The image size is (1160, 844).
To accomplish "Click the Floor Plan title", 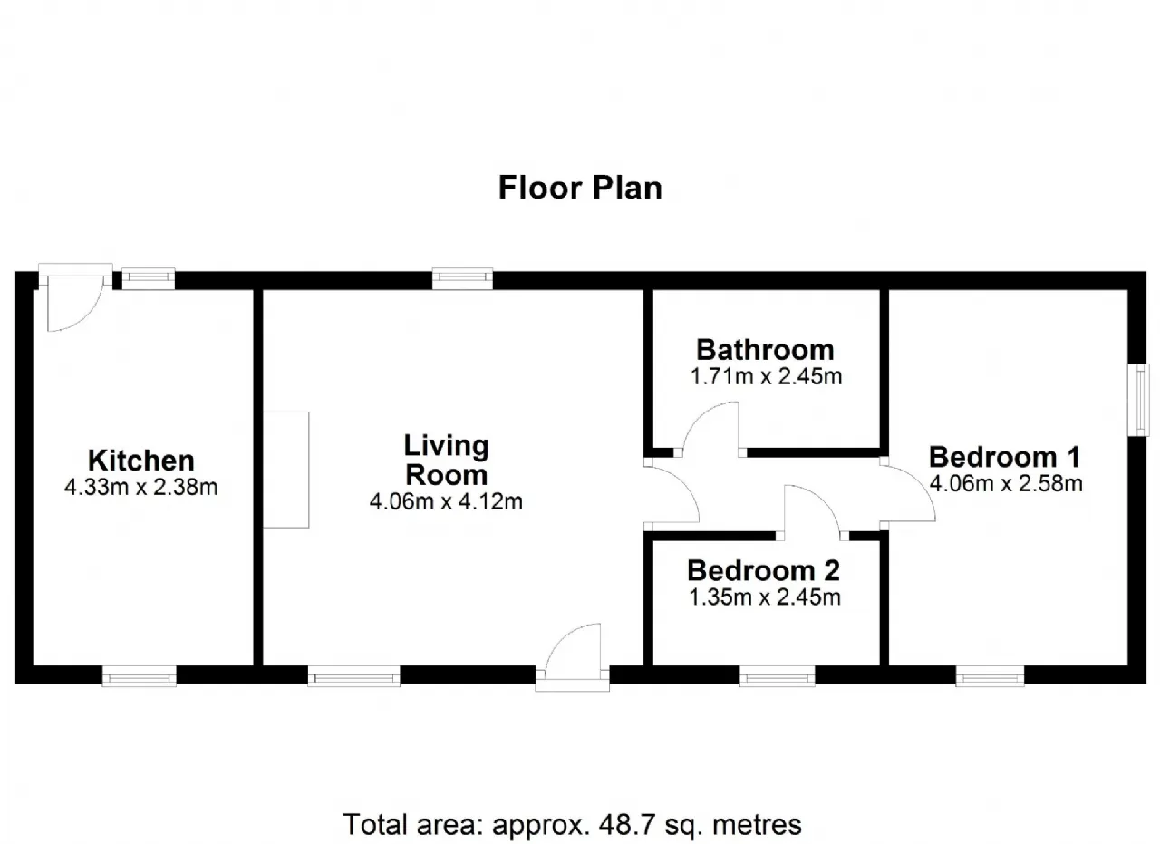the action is click(x=580, y=188).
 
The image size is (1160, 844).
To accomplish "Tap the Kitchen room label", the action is click(x=140, y=461).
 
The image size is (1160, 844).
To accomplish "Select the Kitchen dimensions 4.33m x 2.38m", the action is click(x=140, y=487).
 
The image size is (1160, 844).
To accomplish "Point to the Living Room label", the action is click(x=447, y=461).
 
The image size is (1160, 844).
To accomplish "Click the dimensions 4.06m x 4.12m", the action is click(x=447, y=501).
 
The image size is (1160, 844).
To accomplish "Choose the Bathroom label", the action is click(x=766, y=350).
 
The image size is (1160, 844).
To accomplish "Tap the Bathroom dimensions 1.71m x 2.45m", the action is click(x=766, y=376).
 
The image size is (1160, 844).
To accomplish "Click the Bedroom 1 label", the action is click(x=1005, y=457).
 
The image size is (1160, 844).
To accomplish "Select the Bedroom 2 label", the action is click(x=764, y=570).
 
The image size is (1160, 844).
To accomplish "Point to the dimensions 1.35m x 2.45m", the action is click(x=764, y=597).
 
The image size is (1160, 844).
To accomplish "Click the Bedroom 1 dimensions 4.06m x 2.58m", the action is click(x=1006, y=483).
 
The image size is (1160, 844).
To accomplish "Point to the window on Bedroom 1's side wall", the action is click(x=1138, y=400).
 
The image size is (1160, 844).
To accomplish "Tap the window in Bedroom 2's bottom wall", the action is click(x=777, y=676).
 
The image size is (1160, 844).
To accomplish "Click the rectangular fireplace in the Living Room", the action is click(x=285, y=470).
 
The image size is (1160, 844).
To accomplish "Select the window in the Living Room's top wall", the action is click(x=462, y=278).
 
